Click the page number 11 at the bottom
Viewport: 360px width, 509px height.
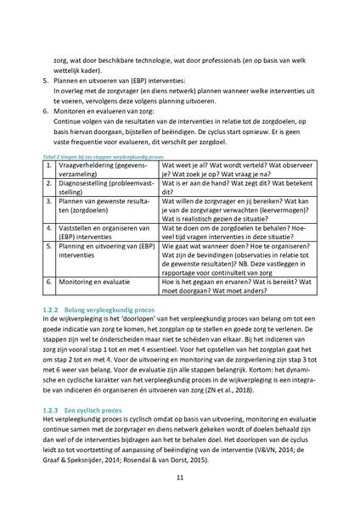180,478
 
